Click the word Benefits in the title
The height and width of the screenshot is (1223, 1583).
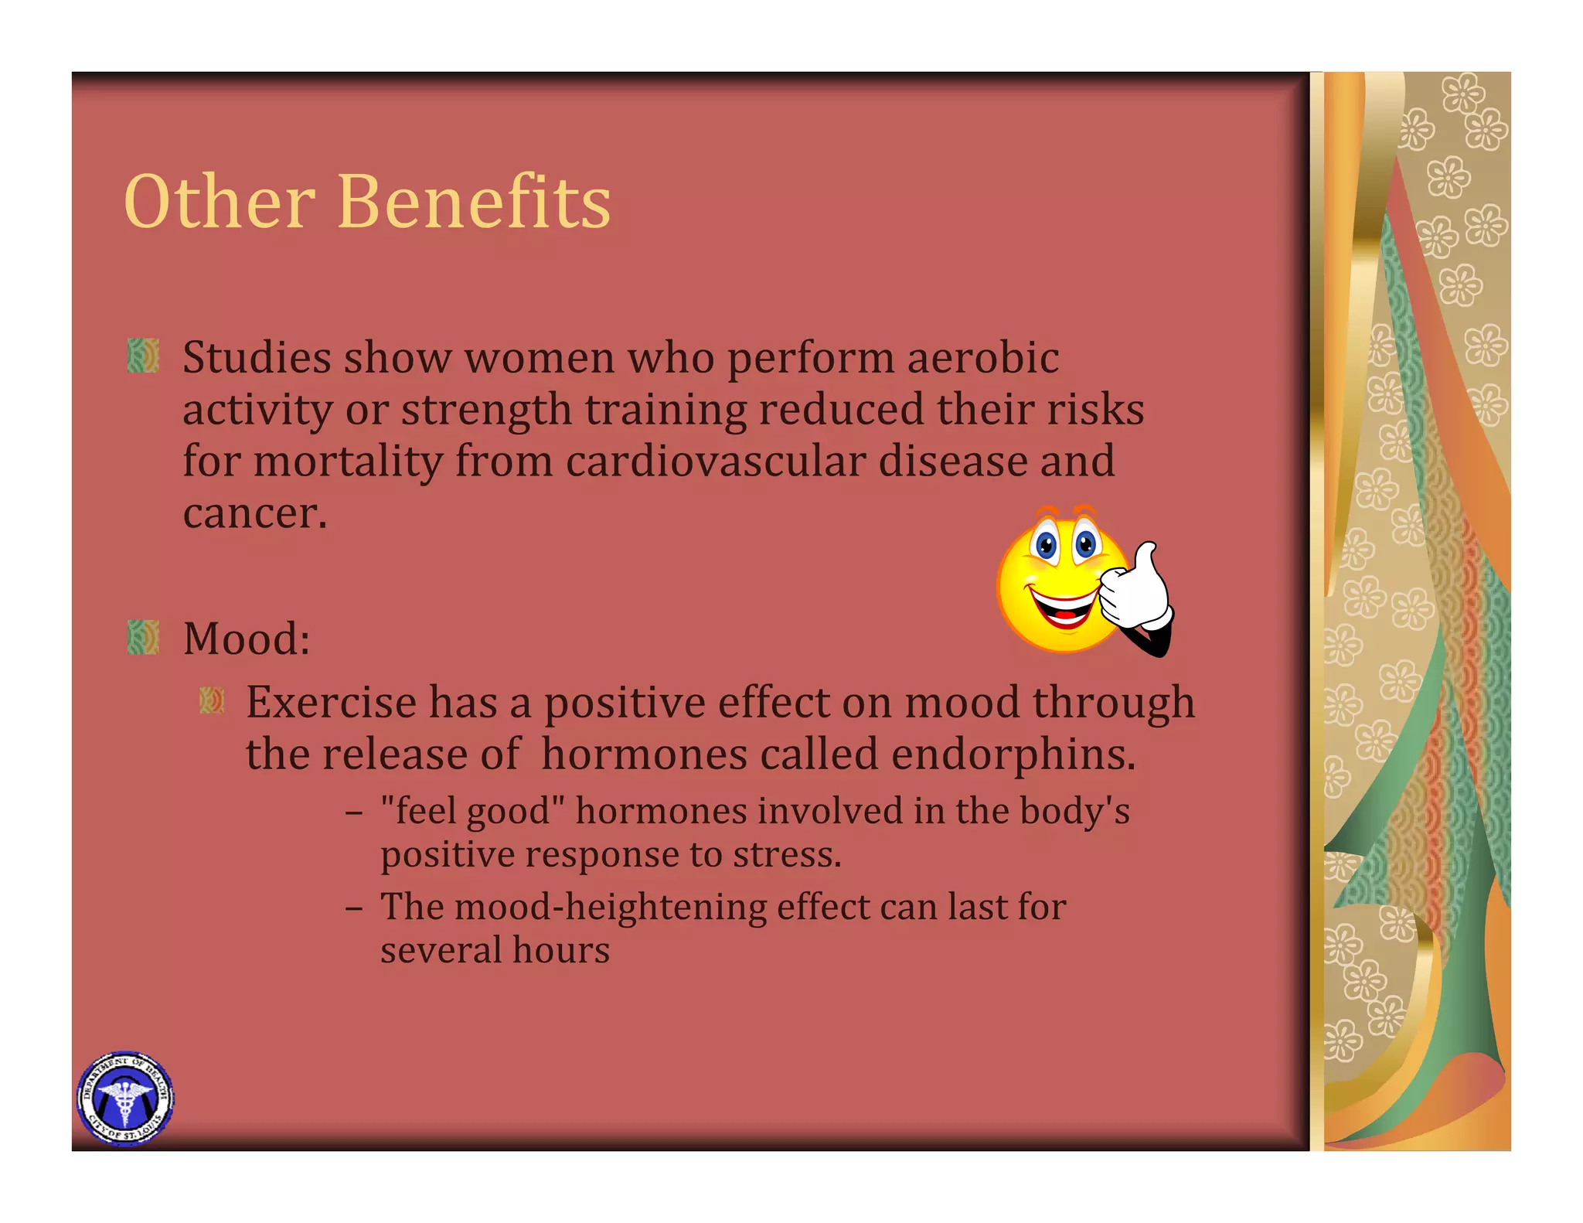tap(474, 202)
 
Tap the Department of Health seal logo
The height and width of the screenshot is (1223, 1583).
tap(124, 1098)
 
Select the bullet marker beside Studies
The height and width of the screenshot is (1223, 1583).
tap(143, 356)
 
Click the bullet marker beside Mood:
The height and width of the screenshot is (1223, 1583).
tap(143, 637)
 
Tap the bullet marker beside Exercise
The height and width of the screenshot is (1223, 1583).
tap(212, 700)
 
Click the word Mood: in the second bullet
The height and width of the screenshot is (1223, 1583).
tap(247, 639)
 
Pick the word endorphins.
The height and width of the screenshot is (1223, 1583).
tap(1013, 755)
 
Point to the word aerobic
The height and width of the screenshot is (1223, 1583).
tap(982, 358)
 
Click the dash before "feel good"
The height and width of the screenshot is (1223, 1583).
tap(354, 812)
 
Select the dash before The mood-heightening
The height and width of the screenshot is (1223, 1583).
tap(354, 908)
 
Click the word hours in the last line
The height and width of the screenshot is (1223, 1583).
tap(561, 950)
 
